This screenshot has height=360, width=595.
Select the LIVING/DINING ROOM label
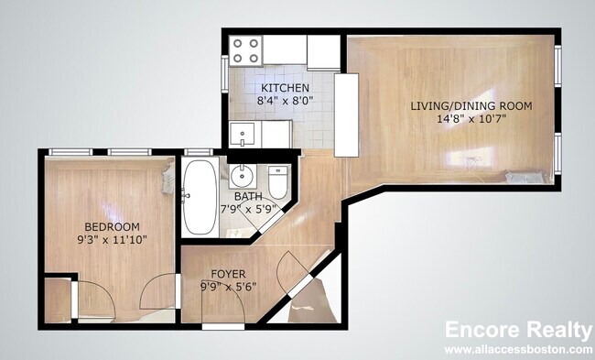pos(471,106)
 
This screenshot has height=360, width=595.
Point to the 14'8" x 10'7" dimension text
pos(471,119)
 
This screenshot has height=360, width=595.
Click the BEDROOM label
pos(112,226)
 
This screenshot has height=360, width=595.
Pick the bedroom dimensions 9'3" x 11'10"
pos(112,239)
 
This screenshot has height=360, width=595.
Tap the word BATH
pos(246,197)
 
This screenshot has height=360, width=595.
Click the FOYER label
pos(228,273)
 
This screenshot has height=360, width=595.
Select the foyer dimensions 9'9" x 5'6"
pos(228,286)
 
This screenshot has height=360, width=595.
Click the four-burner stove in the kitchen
pos(245,49)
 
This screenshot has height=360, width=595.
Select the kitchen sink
pos(243,135)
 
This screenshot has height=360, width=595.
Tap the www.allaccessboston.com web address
pos(518,350)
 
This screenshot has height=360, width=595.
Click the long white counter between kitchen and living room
pos(346,114)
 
